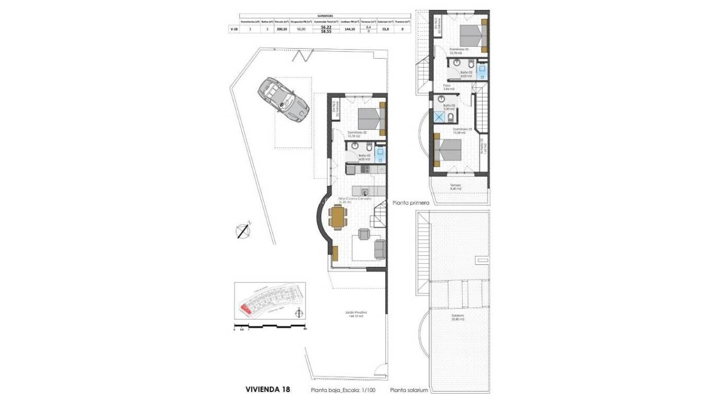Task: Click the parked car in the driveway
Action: click(x=283, y=100)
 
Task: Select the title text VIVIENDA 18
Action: click(x=267, y=389)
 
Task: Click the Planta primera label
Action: click(x=411, y=203)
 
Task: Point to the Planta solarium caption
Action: click(x=409, y=390)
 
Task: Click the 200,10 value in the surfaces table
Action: click(x=282, y=29)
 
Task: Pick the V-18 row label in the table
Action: click(x=234, y=29)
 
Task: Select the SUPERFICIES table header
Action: click(x=325, y=16)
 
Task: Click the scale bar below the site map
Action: click(x=270, y=326)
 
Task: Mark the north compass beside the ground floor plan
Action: click(x=243, y=230)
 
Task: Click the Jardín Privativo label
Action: click(x=354, y=315)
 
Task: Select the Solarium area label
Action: click(x=459, y=317)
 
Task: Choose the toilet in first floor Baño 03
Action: click(x=451, y=116)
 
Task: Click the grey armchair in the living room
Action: click(x=363, y=234)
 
